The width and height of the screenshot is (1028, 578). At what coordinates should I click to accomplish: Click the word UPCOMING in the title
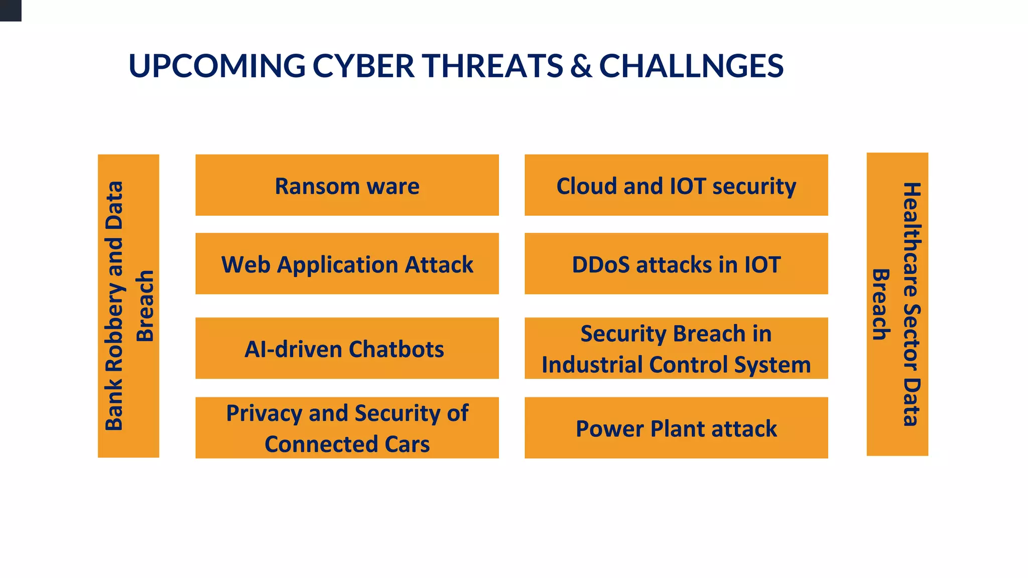217,66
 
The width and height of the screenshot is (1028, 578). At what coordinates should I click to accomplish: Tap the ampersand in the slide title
581,66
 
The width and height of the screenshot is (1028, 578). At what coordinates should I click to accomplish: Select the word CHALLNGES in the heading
691,66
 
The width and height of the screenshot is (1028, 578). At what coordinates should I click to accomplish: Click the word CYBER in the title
363,66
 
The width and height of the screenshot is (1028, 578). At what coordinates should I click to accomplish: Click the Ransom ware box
347,186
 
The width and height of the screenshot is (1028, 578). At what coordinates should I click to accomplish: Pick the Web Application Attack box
347,264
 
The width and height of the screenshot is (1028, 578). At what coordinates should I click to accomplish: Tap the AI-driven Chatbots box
347,348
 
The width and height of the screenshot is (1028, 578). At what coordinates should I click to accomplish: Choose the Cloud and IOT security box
676,186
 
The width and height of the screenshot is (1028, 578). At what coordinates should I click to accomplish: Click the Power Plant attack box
676,428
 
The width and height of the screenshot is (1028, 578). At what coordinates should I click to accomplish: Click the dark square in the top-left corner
11,10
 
